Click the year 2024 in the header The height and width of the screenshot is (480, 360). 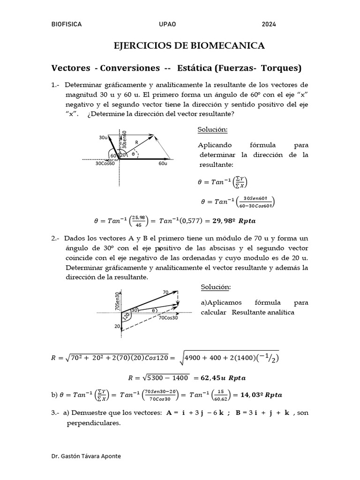(269, 24)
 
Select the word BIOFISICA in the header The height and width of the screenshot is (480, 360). (66, 24)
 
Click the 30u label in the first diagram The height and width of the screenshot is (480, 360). (103, 137)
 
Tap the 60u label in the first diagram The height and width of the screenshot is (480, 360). (163, 164)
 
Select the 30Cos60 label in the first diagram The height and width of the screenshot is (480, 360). (105, 164)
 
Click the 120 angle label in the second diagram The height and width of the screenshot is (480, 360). (126, 317)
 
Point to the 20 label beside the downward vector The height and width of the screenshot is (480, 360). (116, 327)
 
